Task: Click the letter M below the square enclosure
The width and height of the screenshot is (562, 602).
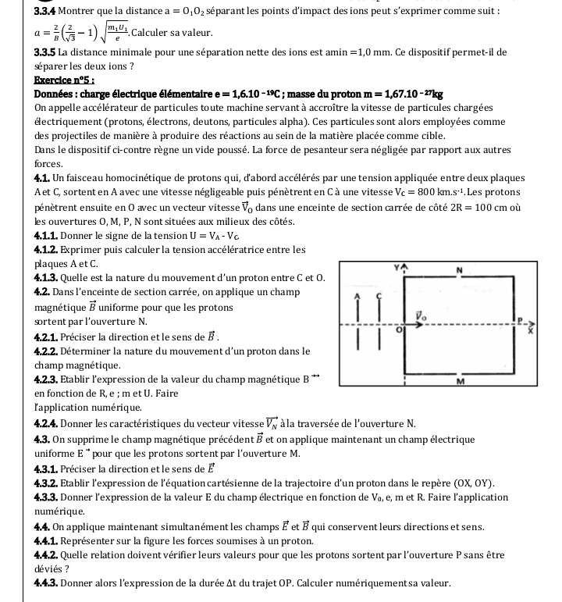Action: tap(461, 382)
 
